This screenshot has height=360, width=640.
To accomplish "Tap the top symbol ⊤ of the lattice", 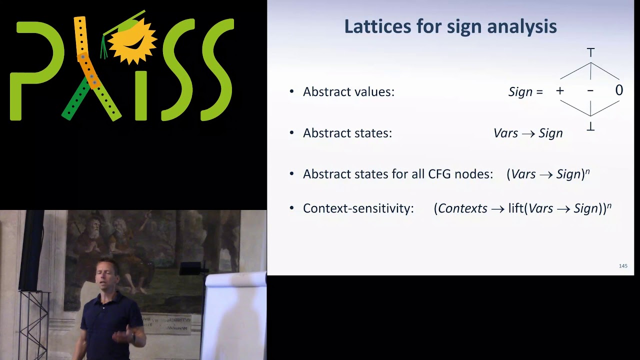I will pyautogui.click(x=590, y=52).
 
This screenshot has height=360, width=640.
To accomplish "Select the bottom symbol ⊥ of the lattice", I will pyautogui.click(x=590, y=127).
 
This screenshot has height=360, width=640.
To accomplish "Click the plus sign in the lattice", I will pyautogui.click(x=560, y=91).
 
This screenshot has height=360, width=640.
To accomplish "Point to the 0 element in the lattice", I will pyautogui.click(x=619, y=90).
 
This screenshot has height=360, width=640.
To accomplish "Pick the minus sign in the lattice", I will pyautogui.click(x=590, y=91).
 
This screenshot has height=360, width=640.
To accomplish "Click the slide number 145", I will pyautogui.click(x=623, y=266).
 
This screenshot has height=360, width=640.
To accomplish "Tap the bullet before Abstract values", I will pyautogui.click(x=292, y=92).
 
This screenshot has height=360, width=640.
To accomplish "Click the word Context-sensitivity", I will pyautogui.click(x=358, y=208).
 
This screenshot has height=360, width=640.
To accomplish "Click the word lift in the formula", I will pyautogui.click(x=515, y=208).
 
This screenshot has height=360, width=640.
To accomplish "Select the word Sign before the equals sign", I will pyautogui.click(x=520, y=92).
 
